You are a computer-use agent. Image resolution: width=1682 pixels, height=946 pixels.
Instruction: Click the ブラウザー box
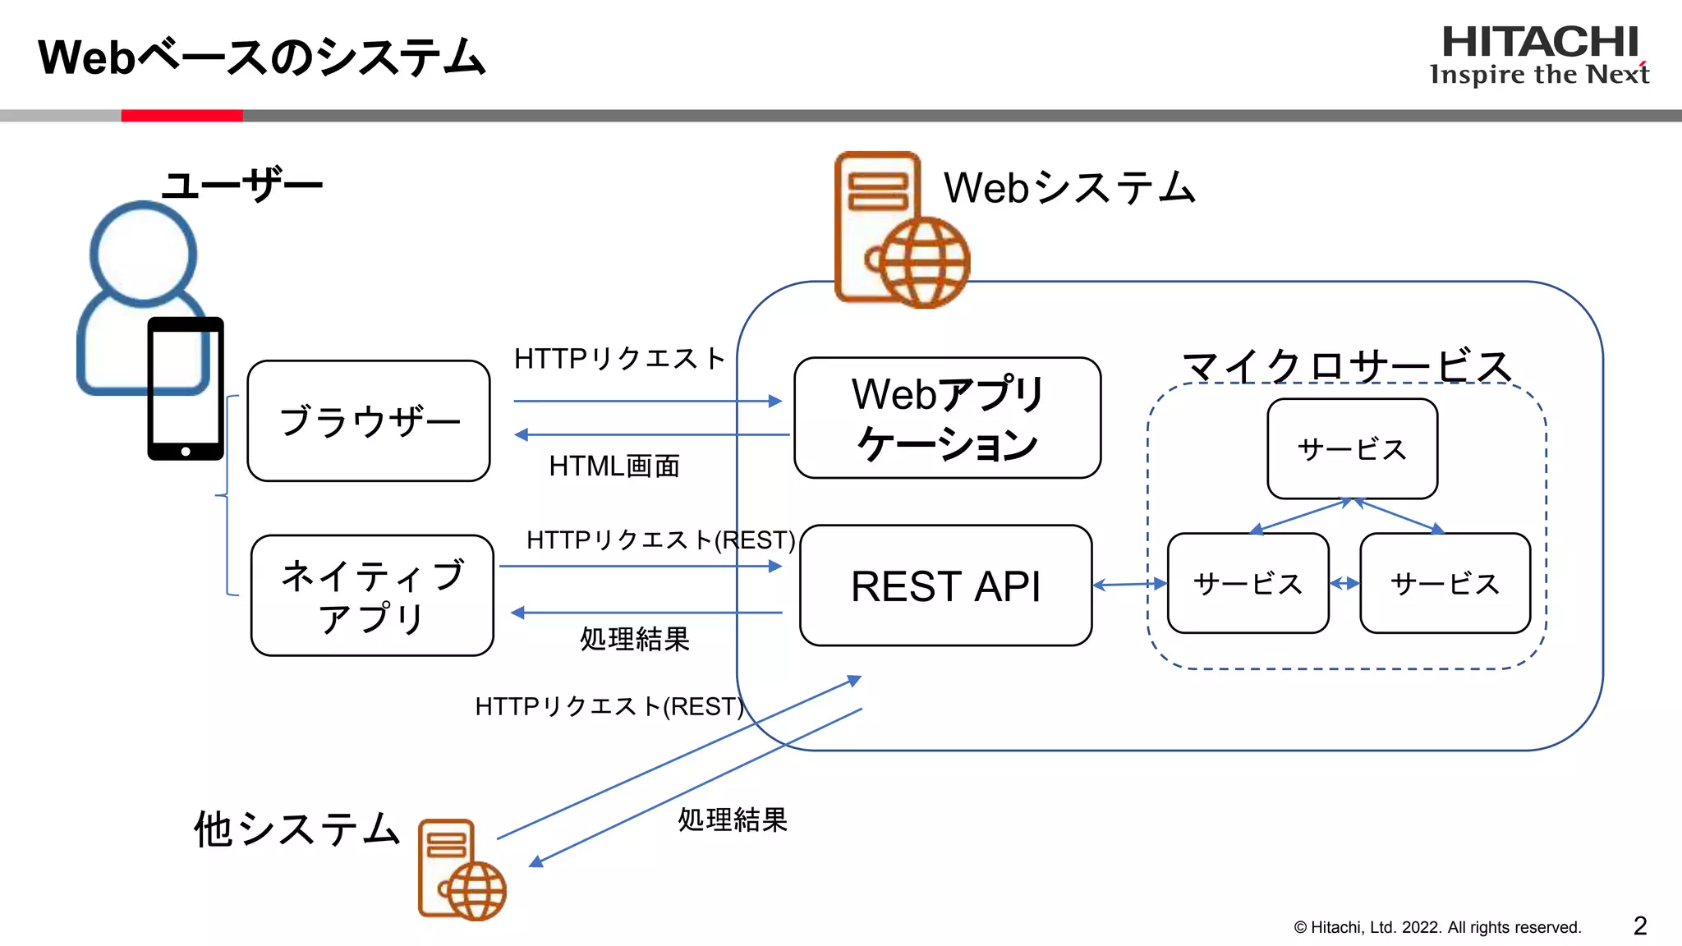pyautogui.click(x=369, y=420)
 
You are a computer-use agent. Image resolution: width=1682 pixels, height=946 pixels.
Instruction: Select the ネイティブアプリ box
pyautogui.click(x=372, y=595)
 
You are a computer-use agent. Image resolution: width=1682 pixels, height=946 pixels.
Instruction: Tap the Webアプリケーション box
pyautogui.click(x=947, y=418)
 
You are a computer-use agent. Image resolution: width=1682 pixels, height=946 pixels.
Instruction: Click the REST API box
pyautogui.click(x=945, y=586)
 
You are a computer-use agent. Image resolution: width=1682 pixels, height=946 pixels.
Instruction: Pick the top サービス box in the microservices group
pyautogui.click(x=1352, y=449)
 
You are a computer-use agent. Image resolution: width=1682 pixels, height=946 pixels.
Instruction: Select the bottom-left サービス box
pyautogui.click(x=1248, y=584)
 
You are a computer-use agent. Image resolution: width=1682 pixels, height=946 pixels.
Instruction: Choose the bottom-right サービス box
pyautogui.click(x=1445, y=584)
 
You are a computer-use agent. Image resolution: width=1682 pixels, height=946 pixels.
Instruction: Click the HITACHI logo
pyautogui.click(x=1540, y=43)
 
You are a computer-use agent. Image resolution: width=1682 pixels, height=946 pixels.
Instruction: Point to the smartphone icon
pyautogui.click(x=186, y=388)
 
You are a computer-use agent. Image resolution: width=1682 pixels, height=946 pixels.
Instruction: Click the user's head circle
pyautogui.click(x=143, y=253)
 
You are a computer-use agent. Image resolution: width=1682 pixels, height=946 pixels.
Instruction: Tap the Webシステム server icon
pyautogui.click(x=899, y=230)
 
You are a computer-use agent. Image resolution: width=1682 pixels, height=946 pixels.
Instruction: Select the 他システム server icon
pyautogui.click(x=461, y=870)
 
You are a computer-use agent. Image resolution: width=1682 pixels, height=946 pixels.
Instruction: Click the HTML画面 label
pyautogui.click(x=614, y=466)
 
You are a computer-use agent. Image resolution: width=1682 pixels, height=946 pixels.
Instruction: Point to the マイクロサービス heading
pyautogui.click(x=1347, y=366)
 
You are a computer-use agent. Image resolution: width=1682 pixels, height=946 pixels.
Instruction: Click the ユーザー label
pyautogui.click(x=242, y=185)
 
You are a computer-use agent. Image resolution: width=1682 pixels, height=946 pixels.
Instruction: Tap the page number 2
pyautogui.click(x=1639, y=926)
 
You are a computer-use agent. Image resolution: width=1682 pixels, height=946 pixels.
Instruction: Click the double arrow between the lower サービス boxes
pyautogui.click(x=1344, y=584)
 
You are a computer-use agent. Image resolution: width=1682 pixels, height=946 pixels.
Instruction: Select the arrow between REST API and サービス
pyautogui.click(x=1129, y=585)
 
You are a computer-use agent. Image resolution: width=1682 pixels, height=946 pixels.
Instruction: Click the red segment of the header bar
pyautogui.click(x=182, y=116)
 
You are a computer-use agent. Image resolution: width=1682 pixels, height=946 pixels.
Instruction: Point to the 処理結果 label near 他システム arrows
pyautogui.click(x=732, y=820)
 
